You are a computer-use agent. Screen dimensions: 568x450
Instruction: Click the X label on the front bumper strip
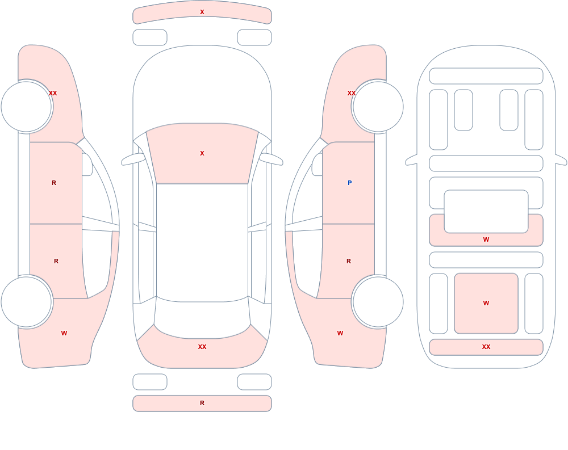pos(202,12)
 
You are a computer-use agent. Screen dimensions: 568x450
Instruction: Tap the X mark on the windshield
pos(202,153)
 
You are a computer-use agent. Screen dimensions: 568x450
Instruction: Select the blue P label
pos(349,183)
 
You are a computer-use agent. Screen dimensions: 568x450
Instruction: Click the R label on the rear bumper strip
pos(202,403)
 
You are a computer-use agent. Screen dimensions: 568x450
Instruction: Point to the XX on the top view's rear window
pos(202,347)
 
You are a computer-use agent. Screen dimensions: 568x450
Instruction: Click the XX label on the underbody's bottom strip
pos(486,347)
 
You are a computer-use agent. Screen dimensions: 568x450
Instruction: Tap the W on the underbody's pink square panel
pos(486,303)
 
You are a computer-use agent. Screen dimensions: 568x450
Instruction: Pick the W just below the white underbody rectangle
pos(486,239)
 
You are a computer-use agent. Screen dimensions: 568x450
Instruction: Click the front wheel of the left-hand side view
pos(27,107)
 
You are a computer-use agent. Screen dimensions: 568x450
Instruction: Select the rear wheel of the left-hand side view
pos(27,302)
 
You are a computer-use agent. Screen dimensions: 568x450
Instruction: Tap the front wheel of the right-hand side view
pos(378,107)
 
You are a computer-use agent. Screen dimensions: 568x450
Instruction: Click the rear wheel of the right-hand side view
pos(378,302)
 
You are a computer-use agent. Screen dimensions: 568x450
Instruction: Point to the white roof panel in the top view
pos(202,242)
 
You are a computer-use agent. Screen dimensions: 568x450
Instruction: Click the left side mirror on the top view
pos(132,159)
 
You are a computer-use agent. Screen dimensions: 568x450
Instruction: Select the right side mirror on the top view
pos(272,159)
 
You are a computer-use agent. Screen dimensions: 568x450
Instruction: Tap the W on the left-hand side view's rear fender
pos(64,333)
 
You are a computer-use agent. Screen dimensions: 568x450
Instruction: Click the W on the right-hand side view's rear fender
pos(340,333)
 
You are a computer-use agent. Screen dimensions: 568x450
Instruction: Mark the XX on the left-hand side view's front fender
pos(53,93)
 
